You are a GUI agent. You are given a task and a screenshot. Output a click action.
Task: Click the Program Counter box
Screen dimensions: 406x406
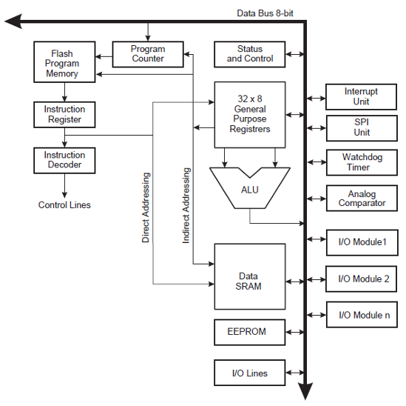[x=147, y=54]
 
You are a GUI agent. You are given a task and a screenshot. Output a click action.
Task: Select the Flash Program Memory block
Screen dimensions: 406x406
[x=65, y=64]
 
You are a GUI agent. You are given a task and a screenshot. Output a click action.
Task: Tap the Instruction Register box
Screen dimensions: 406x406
[x=64, y=114]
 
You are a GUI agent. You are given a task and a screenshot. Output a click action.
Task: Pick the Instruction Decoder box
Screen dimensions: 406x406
[x=64, y=160]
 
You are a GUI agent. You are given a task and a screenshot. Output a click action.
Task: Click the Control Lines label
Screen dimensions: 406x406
[x=64, y=204]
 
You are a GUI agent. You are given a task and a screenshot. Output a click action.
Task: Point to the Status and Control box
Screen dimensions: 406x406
[x=249, y=54]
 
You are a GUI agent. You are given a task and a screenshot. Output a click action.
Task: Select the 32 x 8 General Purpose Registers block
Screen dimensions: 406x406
[x=249, y=113]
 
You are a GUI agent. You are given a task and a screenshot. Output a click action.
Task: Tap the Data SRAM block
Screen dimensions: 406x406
[x=249, y=276]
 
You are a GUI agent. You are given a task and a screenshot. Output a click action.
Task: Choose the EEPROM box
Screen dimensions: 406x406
[x=249, y=331]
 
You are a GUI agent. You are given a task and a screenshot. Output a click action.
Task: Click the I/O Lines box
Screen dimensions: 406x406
[x=249, y=373]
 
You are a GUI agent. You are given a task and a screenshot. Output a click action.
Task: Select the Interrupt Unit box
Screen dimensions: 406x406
[x=361, y=96]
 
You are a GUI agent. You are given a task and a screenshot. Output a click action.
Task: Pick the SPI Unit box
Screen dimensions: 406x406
[x=361, y=127]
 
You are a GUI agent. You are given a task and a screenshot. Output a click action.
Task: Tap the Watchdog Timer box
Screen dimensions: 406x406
[x=361, y=162]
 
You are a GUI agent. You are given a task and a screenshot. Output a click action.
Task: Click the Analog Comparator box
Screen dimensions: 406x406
[x=361, y=198]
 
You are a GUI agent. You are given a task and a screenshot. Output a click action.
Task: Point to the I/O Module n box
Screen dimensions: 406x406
[x=361, y=315]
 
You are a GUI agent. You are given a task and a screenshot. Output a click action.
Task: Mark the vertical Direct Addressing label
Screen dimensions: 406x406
[x=146, y=207]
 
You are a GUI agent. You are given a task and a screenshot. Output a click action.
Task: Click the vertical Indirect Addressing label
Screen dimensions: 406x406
[x=186, y=205]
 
